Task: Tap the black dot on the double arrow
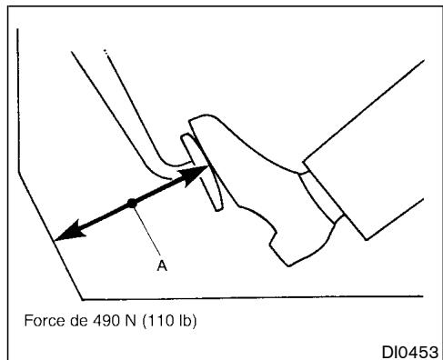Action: click(132, 204)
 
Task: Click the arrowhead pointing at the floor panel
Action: click(65, 235)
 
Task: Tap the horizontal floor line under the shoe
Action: click(255, 297)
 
